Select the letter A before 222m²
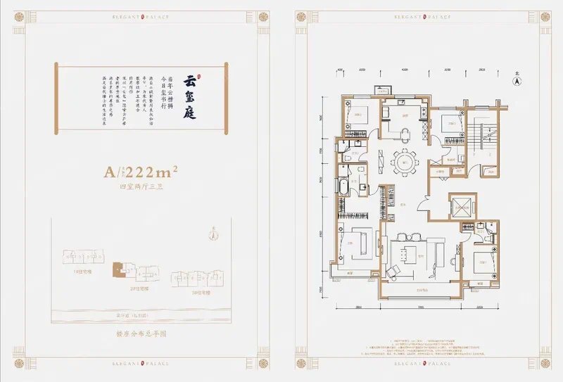[108, 171]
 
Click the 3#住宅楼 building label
[198, 291]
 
